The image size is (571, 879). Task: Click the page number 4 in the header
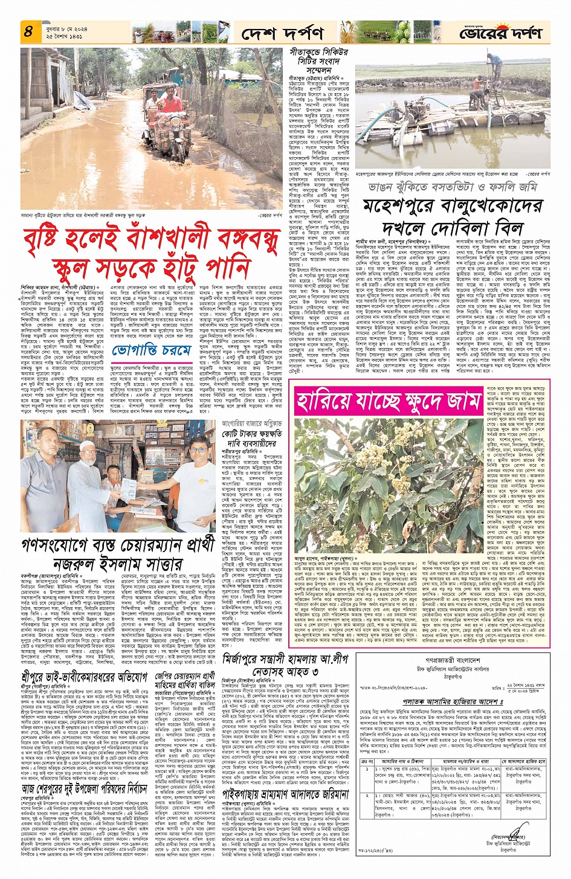28,31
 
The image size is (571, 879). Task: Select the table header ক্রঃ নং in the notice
365,762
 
